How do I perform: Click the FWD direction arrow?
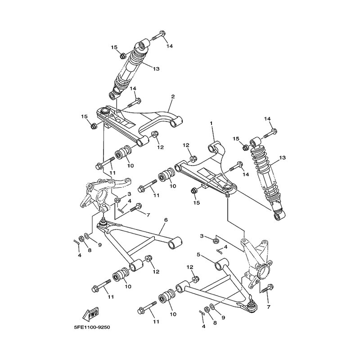(x=90, y=314)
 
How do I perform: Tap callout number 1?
(x=211, y=123)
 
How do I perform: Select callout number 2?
(x=173, y=97)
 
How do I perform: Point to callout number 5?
(x=198, y=255)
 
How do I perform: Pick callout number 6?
(x=166, y=220)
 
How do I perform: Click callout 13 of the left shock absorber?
(x=156, y=69)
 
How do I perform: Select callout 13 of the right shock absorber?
(x=283, y=158)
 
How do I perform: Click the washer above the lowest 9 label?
(x=212, y=307)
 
